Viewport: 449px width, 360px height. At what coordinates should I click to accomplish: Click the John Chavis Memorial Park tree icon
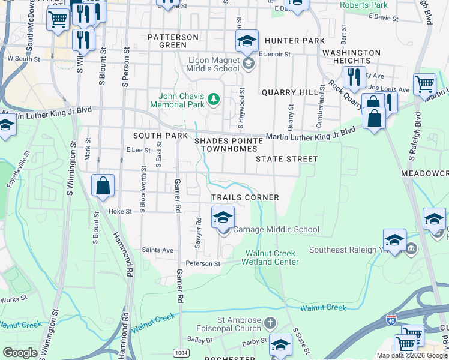coord(212,98)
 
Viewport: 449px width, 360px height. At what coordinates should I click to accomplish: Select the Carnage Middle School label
coord(276,229)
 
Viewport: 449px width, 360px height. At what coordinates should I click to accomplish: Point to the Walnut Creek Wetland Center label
coord(270,257)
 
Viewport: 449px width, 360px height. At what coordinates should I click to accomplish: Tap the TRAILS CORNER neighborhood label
coord(245,197)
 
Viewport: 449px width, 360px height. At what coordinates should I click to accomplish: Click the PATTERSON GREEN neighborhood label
coord(173,41)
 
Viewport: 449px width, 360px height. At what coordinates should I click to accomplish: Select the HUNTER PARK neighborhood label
coord(294,41)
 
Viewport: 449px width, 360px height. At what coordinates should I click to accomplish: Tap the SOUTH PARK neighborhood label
coord(160,136)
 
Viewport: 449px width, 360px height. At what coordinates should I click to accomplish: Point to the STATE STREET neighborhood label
coord(286,159)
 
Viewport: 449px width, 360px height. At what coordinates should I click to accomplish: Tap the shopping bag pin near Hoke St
coord(103,185)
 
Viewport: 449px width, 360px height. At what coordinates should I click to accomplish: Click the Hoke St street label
coord(120,211)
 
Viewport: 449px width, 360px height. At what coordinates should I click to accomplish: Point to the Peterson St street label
coord(203,263)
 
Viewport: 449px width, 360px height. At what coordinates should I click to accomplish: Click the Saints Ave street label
coord(157,250)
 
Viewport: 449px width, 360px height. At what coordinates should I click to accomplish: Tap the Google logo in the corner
coord(20,353)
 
